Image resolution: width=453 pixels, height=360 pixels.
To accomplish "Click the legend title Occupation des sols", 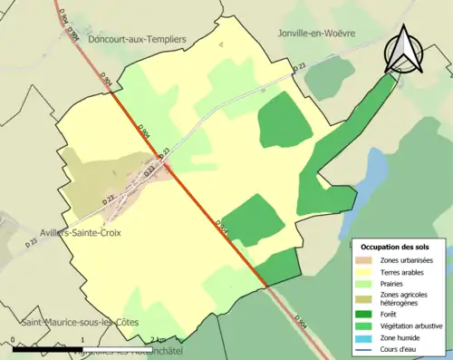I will pyautogui.click(x=397, y=247).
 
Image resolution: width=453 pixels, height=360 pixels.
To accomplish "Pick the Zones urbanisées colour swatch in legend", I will pyautogui.click(x=367, y=260).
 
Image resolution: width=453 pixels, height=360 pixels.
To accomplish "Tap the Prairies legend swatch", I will pyautogui.click(x=367, y=281).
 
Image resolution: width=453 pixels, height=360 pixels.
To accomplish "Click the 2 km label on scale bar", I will pyautogui.click(x=156, y=337).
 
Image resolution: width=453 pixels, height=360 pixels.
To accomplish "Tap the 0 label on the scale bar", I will pyautogui.click(x=13, y=337).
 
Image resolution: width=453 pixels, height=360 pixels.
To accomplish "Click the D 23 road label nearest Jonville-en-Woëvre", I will pyautogui.click(x=300, y=68).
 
